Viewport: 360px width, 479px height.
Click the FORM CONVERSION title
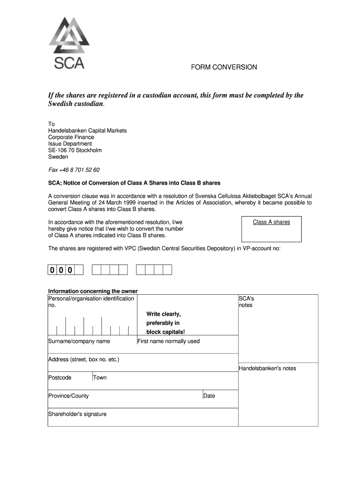pyautogui.click(x=223, y=67)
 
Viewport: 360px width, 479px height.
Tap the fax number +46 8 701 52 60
pyautogui.click(x=74, y=170)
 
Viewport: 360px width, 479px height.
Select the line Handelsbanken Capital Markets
pyautogui.click(x=87, y=131)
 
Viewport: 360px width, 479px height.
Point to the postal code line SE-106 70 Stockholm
pyautogui.click(x=75, y=150)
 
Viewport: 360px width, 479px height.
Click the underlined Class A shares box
pyautogui.click(x=271, y=222)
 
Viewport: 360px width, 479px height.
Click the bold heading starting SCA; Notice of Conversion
pyautogui.click(x=134, y=182)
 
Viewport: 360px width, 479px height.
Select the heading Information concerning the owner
pyautogui.click(x=93, y=291)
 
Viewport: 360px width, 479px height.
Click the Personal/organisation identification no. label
pyautogui.click(x=91, y=301)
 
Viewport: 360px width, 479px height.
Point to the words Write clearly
pyautogui.click(x=163, y=314)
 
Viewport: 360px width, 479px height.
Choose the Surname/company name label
pyautogui.click(x=79, y=341)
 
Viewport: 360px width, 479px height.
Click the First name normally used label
pyautogui.click(x=168, y=341)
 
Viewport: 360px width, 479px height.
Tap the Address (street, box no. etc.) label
pyautogui.click(x=84, y=360)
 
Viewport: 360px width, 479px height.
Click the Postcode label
pyautogui.click(x=60, y=377)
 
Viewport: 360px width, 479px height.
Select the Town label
pyautogui.click(x=100, y=377)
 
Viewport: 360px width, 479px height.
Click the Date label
pyautogui.click(x=209, y=396)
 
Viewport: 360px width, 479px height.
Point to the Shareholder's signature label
pyautogui.click(x=77, y=414)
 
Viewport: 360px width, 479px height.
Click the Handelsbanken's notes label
pyautogui.click(x=267, y=368)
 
